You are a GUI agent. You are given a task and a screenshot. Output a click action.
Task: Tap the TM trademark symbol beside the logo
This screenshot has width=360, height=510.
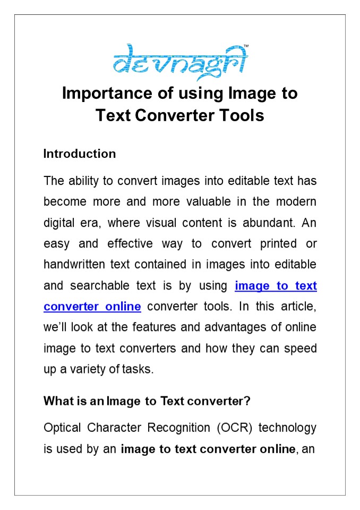(245, 46)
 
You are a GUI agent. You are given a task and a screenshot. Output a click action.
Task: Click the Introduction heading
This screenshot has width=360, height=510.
(80, 154)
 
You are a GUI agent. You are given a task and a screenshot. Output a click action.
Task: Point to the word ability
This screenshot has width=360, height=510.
(84, 181)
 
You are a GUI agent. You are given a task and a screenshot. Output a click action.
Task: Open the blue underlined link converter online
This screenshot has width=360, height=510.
(92, 307)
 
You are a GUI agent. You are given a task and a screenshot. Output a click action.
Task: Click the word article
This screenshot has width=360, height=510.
(301, 307)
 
